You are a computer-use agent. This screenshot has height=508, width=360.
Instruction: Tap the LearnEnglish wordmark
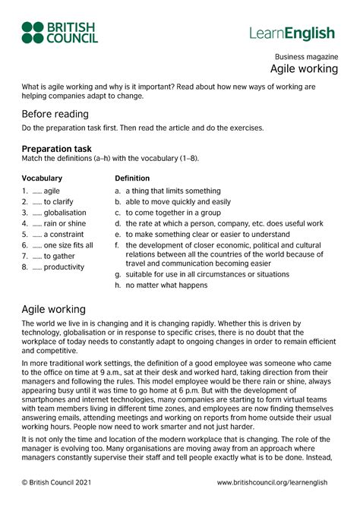tap(292, 33)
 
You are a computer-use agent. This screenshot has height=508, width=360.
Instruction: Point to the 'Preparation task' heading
tap(57, 149)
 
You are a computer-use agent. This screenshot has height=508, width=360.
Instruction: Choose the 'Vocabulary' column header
tap(43, 178)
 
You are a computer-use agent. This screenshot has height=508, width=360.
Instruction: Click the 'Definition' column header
tap(132, 178)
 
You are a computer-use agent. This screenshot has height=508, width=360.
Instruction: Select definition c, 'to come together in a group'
tap(174, 213)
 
